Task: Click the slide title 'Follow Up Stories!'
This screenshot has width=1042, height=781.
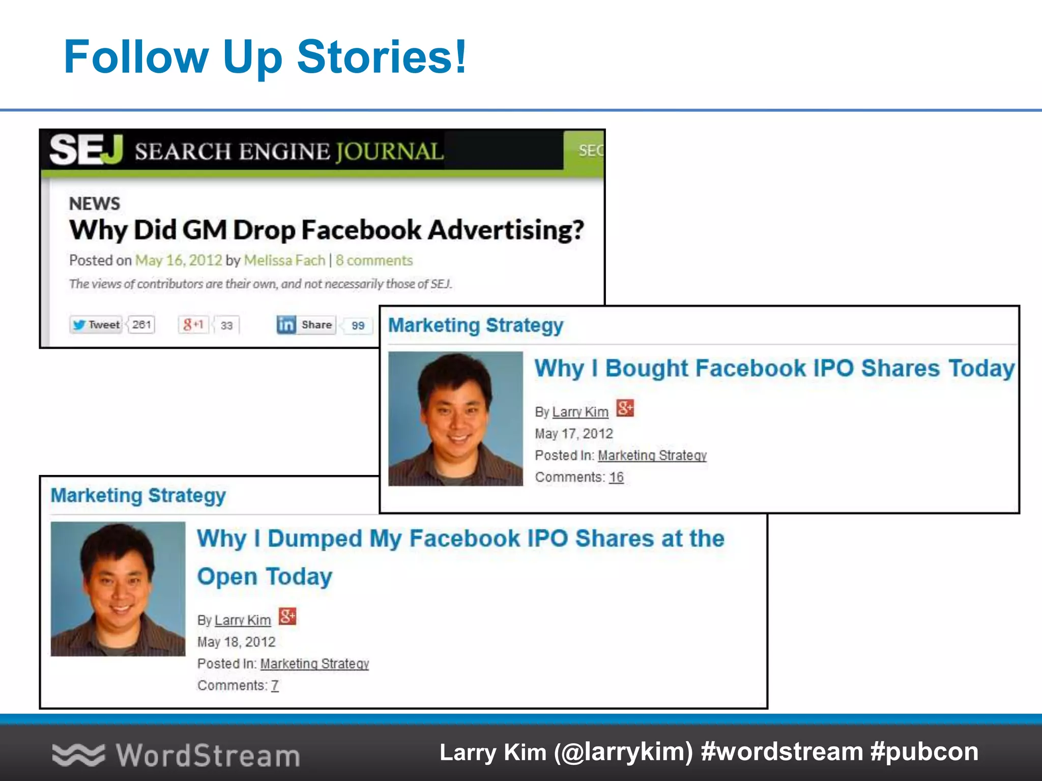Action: pyautogui.click(x=265, y=57)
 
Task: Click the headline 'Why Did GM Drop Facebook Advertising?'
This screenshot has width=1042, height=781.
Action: pyautogui.click(x=326, y=230)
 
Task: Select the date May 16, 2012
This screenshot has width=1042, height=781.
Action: pyautogui.click(x=179, y=260)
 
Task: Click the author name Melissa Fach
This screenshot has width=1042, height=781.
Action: pyautogui.click(x=284, y=260)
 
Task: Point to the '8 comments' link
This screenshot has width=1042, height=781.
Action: pyautogui.click(x=374, y=260)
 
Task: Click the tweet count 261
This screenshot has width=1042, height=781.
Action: pyautogui.click(x=141, y=324)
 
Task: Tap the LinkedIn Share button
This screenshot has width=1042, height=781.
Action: pyautogui.click(x=306, y=324)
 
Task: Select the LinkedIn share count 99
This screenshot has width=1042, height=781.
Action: pyautogui.click(x=358, y=325)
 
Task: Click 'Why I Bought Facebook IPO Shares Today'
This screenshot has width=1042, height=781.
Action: pyautogui.click(x=774, y=368)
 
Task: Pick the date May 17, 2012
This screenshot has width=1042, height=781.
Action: pyautogui.click(x=573, y=434)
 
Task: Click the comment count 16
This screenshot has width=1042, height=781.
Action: pyautogui.click(x=616, y=477)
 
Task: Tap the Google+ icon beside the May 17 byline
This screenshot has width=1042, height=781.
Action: pyautogui.click(x=625, y=408)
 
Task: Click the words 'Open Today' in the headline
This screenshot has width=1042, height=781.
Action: pyautogui.click(x=265, y=577)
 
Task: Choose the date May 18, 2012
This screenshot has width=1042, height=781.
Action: pyautogui.click(x=236, y=642)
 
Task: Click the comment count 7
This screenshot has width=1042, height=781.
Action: pyautogui.click(x=275, y=686)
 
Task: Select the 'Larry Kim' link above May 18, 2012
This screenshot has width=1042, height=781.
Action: pyautogui.click(x=242, y=620)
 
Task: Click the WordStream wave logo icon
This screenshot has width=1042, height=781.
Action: pyautogui.click(x=78, y=755)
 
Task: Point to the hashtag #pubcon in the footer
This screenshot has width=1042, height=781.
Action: pyautogui.click(x=924, y=752)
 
